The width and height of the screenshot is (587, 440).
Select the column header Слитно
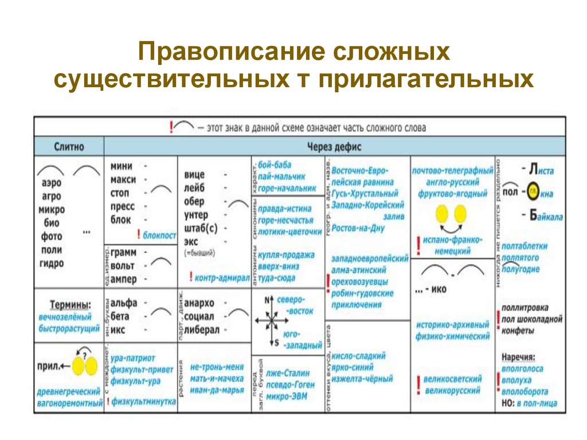click(69, 147)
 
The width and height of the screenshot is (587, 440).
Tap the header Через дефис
click(334, 147)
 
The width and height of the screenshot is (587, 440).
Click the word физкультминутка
click(143, 402)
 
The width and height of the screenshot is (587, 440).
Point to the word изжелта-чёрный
click(362, 379)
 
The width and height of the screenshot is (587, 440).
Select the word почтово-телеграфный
click(452, 171)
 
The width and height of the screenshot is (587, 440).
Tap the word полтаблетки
click(524, 246)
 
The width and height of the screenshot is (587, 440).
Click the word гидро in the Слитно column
click(52, 264)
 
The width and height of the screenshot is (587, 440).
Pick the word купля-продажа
click(286, 255)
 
